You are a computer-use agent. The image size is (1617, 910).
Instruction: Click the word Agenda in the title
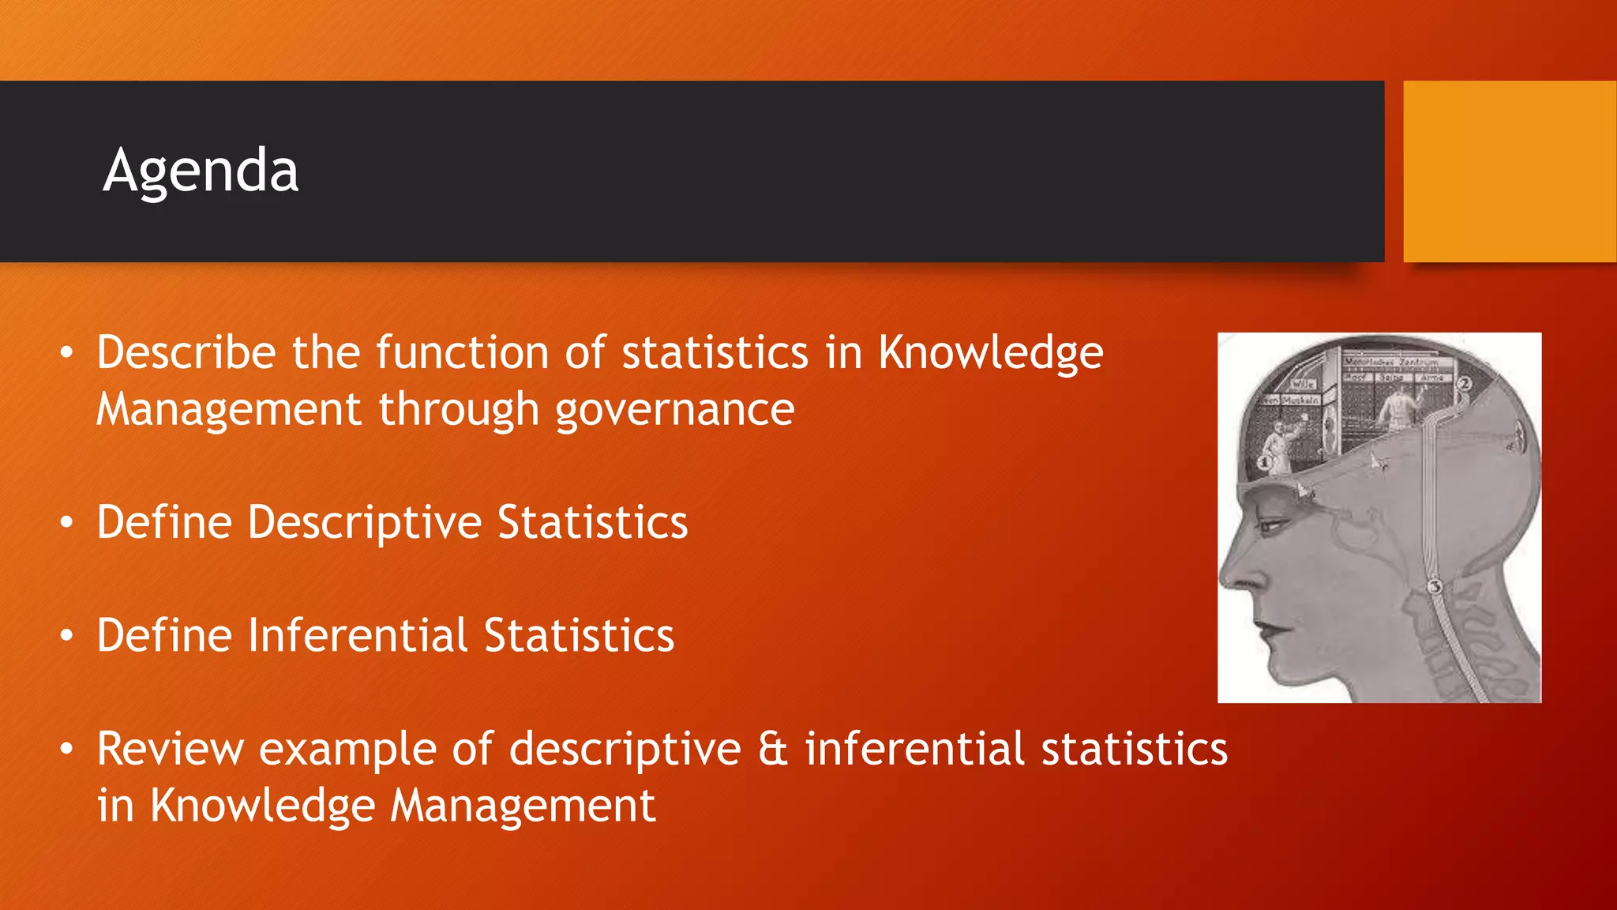click(x=201, y=171)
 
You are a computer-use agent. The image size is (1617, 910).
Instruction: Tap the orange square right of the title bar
click(x=1509, y=171)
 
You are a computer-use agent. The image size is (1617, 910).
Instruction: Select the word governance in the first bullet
click(x=674, y=410)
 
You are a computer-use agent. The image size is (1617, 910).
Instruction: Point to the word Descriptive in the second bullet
click(x=364, y=523)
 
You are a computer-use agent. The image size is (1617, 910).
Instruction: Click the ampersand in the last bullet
click(x=773, y=749)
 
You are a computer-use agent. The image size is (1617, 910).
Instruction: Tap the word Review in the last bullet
click(x=171, y=749)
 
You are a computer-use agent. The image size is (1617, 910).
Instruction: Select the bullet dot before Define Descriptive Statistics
click(x=68, y=523)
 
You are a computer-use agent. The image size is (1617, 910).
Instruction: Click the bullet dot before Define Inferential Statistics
click(x=68, y=636)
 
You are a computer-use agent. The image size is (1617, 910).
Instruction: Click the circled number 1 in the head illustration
click(x=1264, y=462)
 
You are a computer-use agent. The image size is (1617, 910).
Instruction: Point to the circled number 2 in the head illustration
click(x=1464, y=384)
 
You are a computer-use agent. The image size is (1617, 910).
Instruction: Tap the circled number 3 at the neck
click(x=1435, y=586)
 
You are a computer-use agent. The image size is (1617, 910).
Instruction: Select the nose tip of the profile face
click(x=1226, y=581)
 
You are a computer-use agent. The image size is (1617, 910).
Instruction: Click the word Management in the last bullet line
click(x=523, y=807)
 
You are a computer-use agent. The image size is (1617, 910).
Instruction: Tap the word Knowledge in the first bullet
click(x=991, y=352)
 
